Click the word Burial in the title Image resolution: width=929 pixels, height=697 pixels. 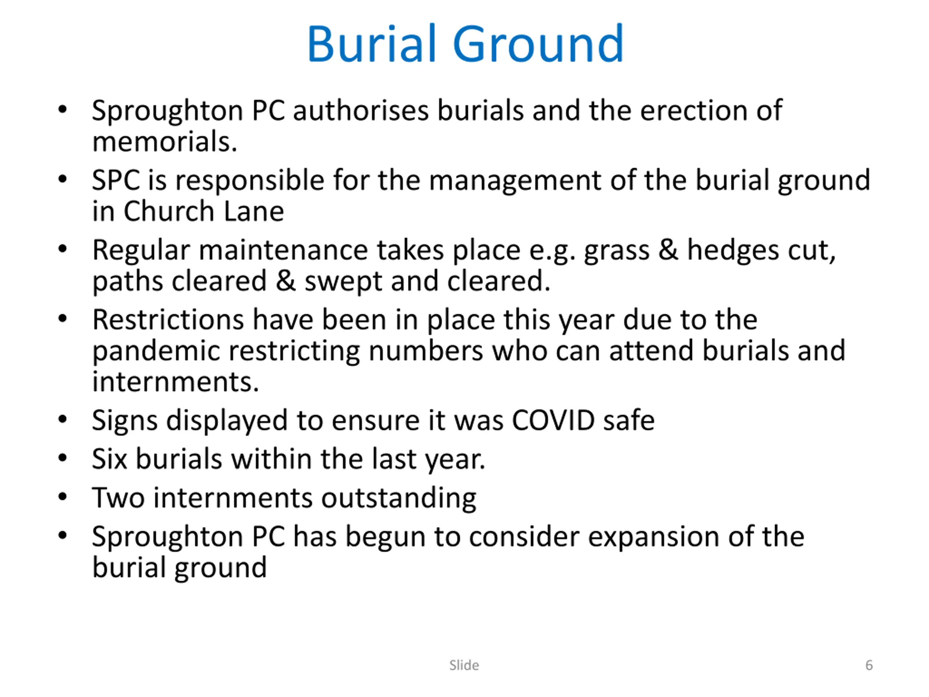pyautogui.click(x=371, y=43)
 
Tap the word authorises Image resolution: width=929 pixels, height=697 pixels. pyautogui.click(x=361, y=110)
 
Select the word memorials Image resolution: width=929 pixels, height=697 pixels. pyautogui.click(x=165, y=142)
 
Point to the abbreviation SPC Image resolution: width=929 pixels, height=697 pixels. pyautogui.click(x=116, y=180)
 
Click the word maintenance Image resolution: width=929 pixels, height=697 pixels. pyautogui.click(x=283, y=250)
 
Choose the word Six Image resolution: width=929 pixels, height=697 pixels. pyautogui.click(x=109, y=459)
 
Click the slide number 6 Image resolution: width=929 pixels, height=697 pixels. pyautogui.click(x=869, y=665)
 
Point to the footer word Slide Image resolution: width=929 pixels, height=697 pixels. pyautogui.click(x=464, y=665)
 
